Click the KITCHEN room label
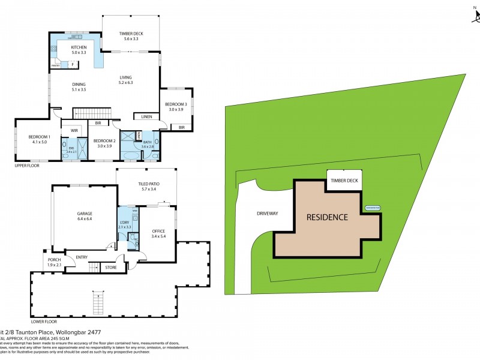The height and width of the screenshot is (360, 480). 79,47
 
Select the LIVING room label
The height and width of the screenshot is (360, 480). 126,77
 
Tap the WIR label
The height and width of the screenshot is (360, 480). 75,130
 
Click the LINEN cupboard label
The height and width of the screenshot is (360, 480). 146,116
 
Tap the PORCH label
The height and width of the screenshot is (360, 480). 55,259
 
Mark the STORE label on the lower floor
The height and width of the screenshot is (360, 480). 110,268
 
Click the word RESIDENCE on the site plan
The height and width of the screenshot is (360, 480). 327,217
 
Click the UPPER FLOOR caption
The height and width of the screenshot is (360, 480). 27,164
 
